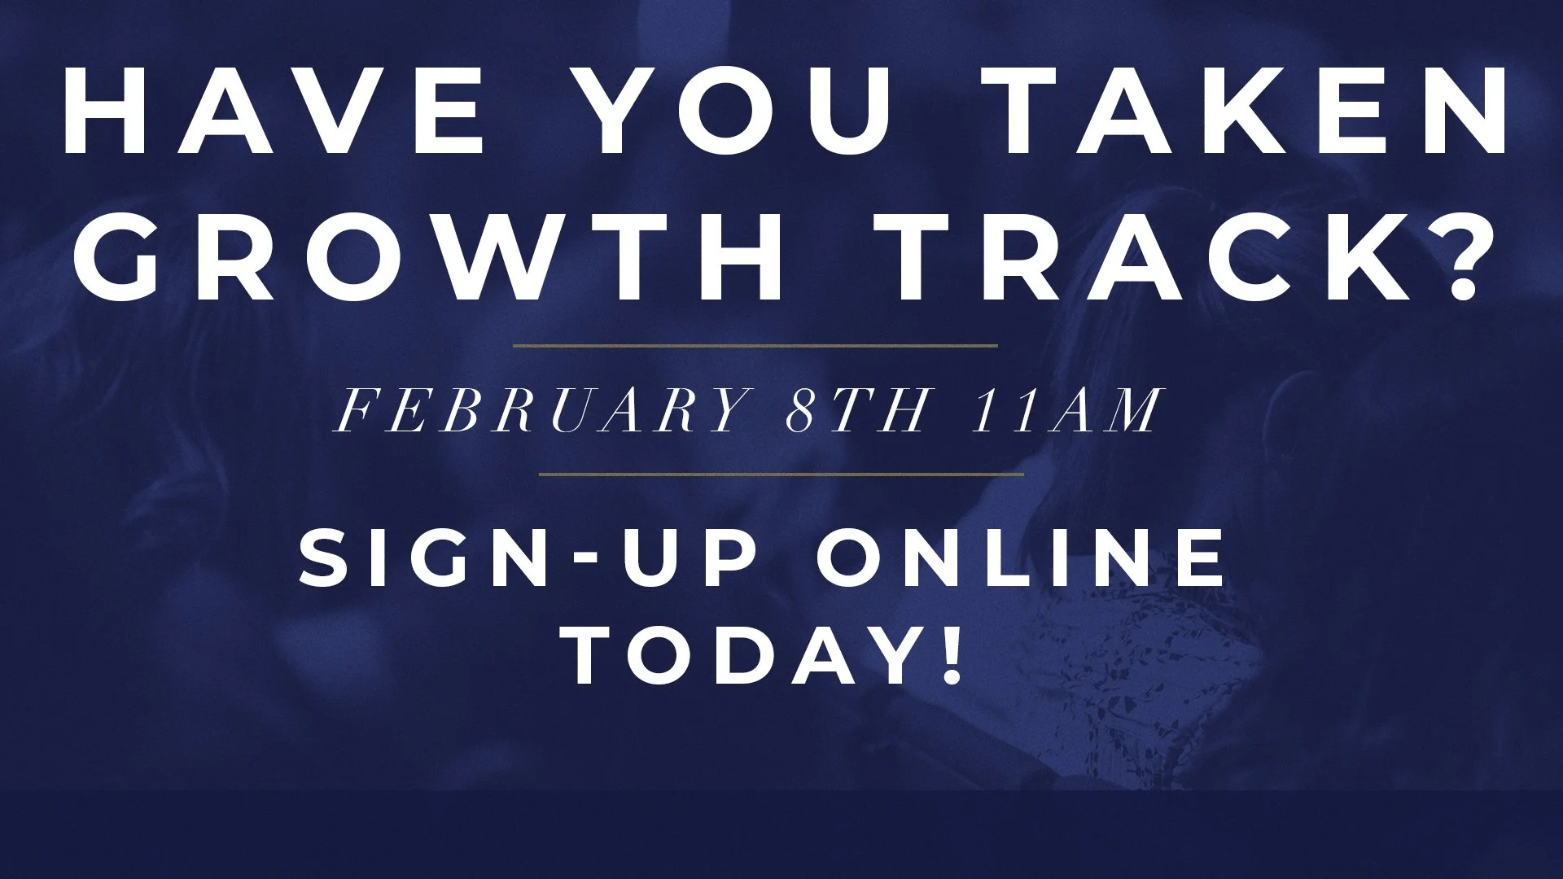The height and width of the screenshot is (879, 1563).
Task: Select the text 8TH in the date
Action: tap(856, 410)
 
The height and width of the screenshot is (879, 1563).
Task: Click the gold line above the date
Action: tap(755, 346)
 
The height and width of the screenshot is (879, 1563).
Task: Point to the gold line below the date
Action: tap(781, 473)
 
